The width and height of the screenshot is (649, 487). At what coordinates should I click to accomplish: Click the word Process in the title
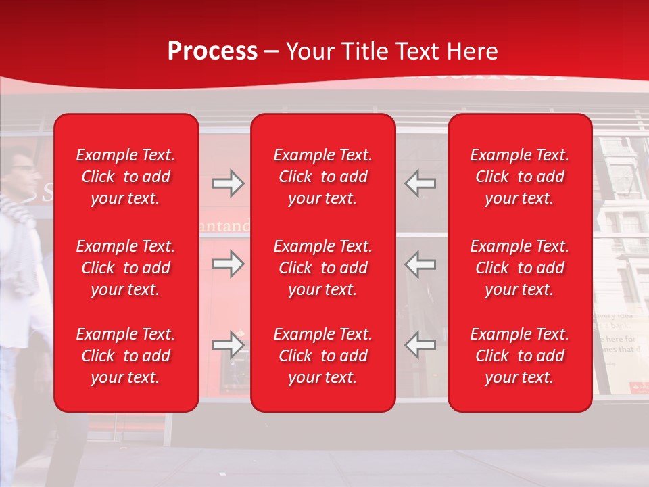point(212,51)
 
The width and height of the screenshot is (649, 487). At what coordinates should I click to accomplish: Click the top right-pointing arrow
point(228,183)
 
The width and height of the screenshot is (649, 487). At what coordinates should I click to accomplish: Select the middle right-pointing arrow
point(228,264)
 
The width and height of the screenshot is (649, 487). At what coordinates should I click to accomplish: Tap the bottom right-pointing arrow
point(228,345)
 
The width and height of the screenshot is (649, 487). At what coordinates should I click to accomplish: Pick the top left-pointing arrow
point(420,183)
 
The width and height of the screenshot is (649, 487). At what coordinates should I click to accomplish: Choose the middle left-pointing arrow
point(420,264)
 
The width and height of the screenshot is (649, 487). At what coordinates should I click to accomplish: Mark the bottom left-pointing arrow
point(420,345)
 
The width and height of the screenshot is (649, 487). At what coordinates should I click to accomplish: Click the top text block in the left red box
point(126,177)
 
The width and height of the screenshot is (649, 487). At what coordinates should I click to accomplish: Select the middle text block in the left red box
point(126,268)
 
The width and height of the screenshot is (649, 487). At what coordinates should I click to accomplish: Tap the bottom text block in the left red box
point(126,356)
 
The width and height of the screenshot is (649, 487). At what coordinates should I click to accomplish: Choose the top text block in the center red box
point(322,177)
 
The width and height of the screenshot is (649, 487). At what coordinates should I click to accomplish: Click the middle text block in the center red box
point(322,268)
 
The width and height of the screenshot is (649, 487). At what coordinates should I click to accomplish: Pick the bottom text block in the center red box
point(322,356)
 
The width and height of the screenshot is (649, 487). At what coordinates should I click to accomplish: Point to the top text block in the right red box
point(519,177)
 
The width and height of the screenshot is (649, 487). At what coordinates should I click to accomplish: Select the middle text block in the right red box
point(519,268)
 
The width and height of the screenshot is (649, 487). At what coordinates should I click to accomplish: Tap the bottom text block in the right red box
point(519,356)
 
